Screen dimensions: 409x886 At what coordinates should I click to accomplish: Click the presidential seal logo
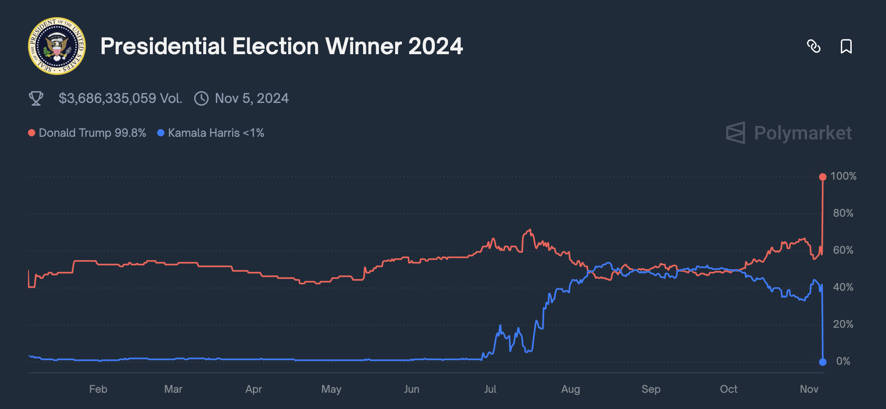point(57,46)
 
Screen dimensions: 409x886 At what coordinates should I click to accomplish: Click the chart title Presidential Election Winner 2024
point(281,46)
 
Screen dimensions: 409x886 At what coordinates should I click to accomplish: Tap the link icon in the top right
point(813,46)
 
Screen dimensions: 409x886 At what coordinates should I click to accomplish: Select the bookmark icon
point(846,46)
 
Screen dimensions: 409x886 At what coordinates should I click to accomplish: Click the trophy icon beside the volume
point(36,98)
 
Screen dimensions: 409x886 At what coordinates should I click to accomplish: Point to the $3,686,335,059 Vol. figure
point(120,98)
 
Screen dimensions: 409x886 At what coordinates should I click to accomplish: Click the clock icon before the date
point(201,98)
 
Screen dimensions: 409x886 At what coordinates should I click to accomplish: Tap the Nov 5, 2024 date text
point(252,98)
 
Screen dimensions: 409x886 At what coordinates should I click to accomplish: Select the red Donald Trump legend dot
point(32,133)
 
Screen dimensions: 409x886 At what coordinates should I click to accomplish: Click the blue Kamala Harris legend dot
point(160,133)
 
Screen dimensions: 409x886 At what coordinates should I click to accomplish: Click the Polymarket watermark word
point(802,133)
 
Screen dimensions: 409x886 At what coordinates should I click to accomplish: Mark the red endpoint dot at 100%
point(823,177)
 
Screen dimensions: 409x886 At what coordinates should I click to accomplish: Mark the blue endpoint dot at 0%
point(823,362)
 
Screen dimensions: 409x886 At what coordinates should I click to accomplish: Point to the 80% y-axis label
point(843,213)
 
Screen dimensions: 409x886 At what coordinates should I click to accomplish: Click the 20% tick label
point(843,324)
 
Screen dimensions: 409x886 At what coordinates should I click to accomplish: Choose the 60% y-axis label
point(843,250)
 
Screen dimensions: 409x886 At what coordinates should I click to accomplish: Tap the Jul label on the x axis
point(490,389)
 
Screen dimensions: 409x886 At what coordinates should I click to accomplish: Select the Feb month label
point(98,389)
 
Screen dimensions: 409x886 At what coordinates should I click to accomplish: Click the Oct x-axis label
point(728,389)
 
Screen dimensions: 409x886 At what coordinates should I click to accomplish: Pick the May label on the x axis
point(331,389)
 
